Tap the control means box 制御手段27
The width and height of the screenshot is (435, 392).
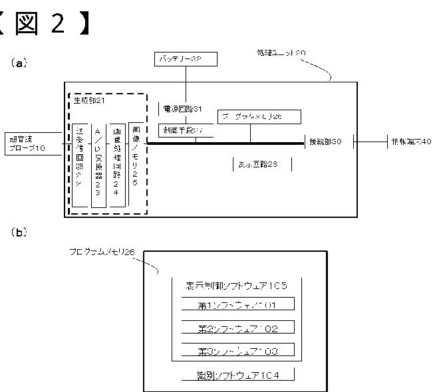coord(186,130)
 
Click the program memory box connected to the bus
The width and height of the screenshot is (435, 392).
coord(259,117)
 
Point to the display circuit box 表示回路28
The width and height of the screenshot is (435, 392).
coord(261,164)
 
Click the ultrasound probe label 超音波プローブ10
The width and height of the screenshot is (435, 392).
coord(27,144)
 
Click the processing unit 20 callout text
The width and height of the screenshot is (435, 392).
coord(281,52)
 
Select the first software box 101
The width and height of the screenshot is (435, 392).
coord(237,305)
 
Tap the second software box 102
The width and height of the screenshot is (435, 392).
coord(237,328)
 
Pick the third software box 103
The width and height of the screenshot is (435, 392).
coord(237,351)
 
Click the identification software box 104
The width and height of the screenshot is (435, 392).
coord(237,376)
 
